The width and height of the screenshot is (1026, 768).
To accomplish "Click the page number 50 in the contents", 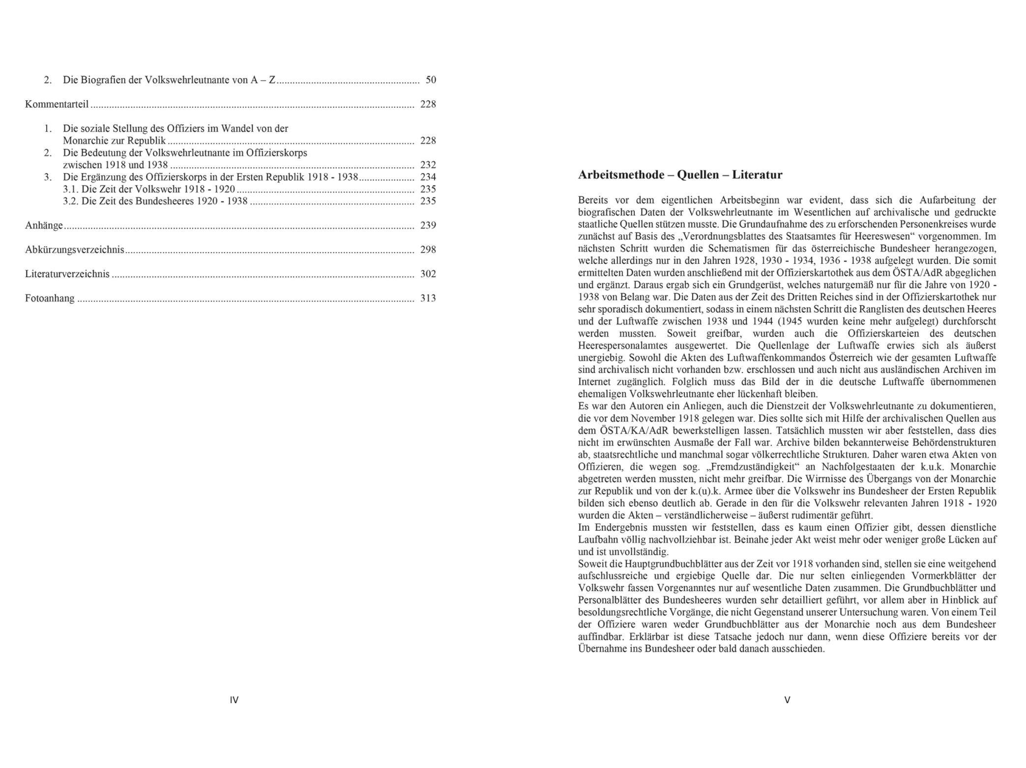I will tap(431, 80).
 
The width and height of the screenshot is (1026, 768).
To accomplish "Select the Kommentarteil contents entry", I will tap(57, 104).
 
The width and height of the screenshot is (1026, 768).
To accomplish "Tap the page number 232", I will tap(428, 165).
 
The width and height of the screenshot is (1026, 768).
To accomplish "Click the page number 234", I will tap(428, 177).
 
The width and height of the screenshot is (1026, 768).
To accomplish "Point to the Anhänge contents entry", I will tap(44, 226).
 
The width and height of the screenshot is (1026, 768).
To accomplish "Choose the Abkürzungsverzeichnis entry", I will tap(74, 250).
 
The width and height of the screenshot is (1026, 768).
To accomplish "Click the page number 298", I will tap(428, 250).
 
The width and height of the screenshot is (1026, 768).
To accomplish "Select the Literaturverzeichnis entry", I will tap(67, 274).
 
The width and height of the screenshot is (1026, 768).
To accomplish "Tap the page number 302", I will tap(428, 274).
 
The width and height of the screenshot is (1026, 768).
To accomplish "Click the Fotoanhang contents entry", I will tap(50, 298).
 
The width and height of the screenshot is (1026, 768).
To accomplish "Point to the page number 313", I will tap(428, 298).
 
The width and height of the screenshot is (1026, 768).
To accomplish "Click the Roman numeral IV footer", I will tap(234, 700).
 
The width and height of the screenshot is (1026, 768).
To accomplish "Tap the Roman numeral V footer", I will tap(787, 700).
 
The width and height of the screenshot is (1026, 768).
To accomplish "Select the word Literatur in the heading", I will tap(757, 175).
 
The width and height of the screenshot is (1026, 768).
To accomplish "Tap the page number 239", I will tap(428, 226).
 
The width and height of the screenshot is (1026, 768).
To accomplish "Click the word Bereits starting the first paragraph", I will tap(593, 200).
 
